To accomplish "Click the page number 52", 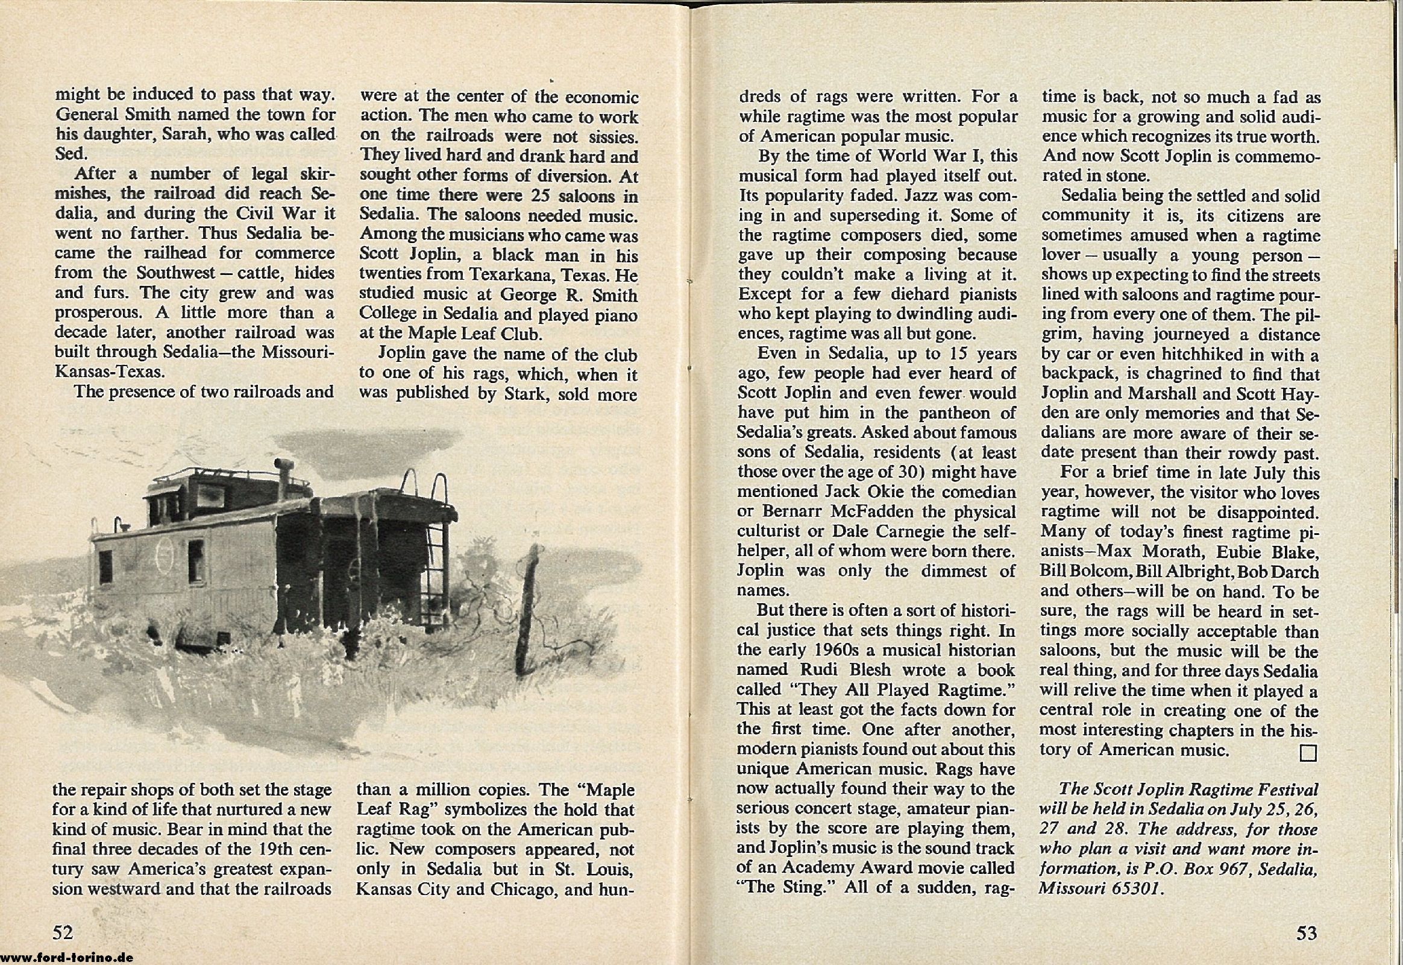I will [63, 933].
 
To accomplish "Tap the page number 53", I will [1307, 933].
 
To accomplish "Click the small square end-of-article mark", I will [1308, 753].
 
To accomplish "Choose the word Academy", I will [823, 868].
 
